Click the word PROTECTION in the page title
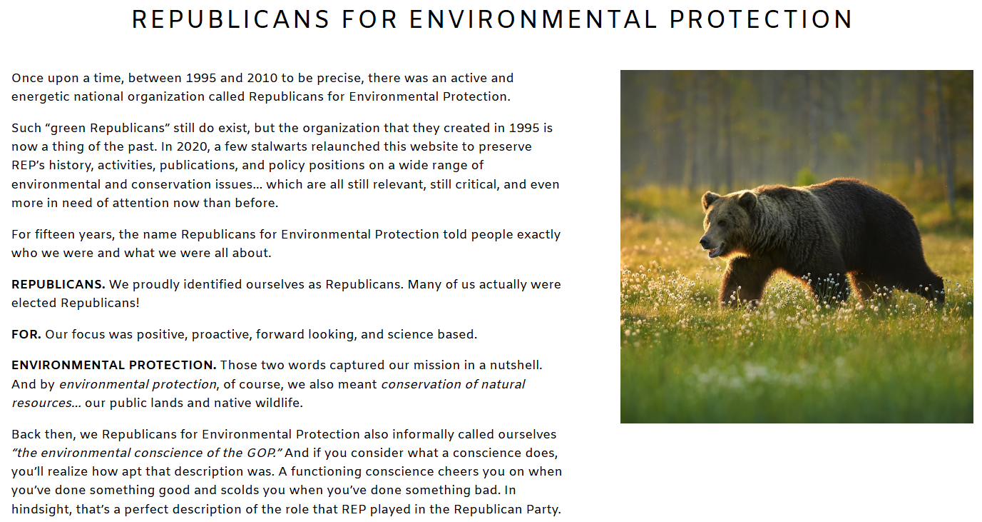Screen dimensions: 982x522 pos(761,19)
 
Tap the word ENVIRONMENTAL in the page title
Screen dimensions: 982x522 pos(533,19)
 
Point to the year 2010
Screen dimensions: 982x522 pos(262,78)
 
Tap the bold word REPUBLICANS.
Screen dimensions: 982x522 pos(58,284)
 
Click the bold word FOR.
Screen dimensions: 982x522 pos(26,334)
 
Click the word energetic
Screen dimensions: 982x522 pos(41,97)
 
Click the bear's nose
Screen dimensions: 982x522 pos(705,241)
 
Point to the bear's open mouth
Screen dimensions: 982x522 pos(715,251)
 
